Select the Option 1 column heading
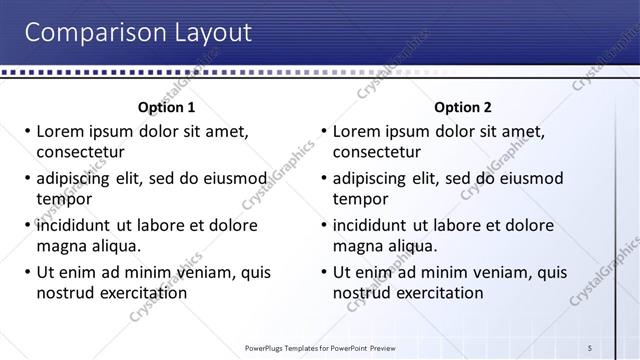165,107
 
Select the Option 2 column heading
463,107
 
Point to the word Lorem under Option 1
60,131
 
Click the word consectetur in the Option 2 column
376,152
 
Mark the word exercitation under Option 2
440,293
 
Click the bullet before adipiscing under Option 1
26,179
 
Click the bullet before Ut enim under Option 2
323,273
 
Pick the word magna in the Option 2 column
357,246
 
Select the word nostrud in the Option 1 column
65,293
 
